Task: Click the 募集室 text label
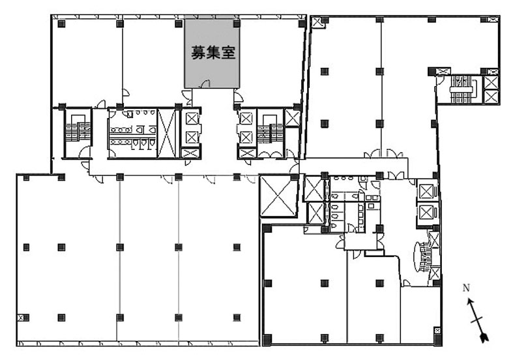(213, 52)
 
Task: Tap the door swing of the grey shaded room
(205, 84)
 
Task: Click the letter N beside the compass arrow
(466, 288)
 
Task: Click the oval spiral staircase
(422, 256)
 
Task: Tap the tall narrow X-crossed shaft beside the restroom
(166, 133)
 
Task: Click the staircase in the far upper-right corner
(462, 88)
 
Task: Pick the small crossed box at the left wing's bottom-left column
(20, 318)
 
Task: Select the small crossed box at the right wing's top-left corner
(317, 23)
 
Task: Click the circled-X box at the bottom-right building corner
(437, 331)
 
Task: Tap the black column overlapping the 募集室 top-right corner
(237, 23)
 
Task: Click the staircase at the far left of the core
(77, 131)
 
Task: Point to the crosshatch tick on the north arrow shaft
(477, 320)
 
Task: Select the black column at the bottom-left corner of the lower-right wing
(268, 338)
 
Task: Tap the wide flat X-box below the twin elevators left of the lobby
(190, 153)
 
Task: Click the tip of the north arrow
(469, 299)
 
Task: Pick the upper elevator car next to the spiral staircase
(426, 191)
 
